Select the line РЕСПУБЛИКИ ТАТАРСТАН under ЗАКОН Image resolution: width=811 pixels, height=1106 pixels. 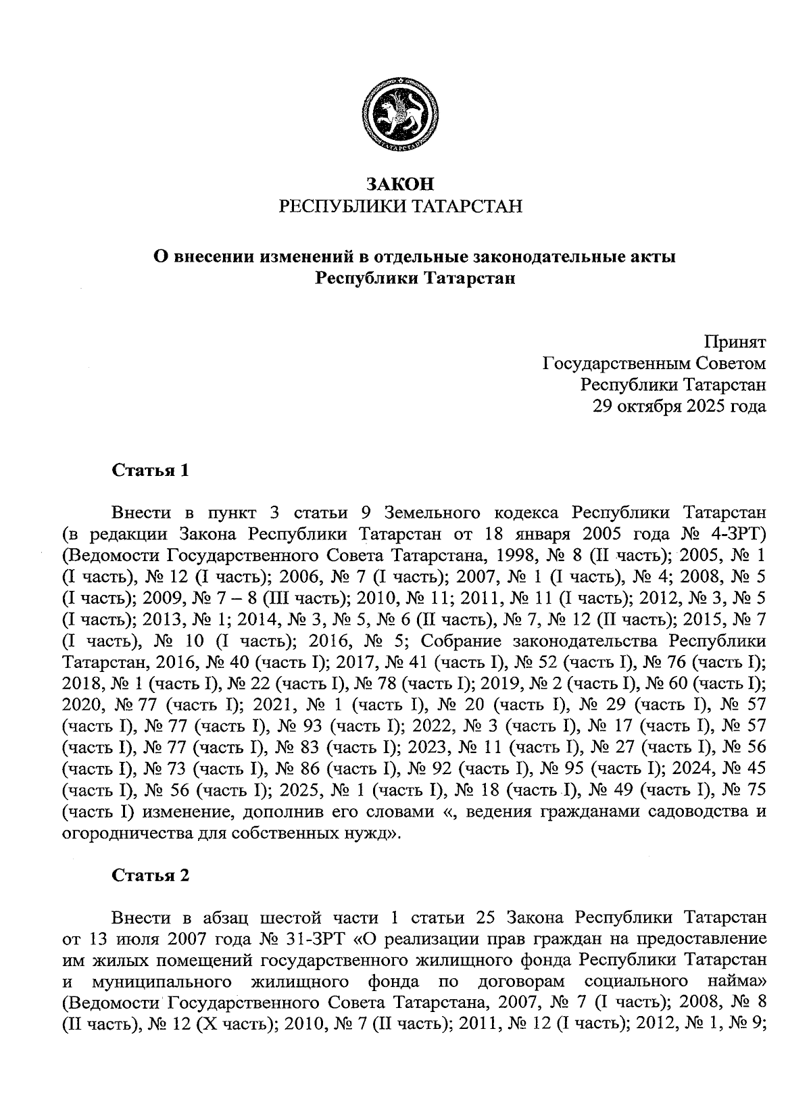click(401, 206)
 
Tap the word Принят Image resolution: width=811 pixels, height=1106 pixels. click(735, 342)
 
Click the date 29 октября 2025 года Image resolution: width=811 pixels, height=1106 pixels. click(679, 406)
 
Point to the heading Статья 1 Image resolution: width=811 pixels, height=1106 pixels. click(150, 471)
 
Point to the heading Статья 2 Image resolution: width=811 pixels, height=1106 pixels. click(150, 876)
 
